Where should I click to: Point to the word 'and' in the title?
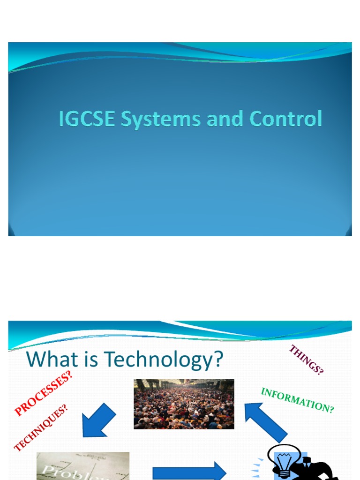224,119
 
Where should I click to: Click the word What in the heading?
50,360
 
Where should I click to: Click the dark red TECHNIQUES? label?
41,427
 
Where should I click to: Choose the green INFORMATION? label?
297,400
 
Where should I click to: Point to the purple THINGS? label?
306,360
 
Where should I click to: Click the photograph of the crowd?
184,404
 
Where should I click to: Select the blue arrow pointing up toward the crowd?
265,421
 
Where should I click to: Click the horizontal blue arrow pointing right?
189,471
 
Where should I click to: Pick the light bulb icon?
283,462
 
